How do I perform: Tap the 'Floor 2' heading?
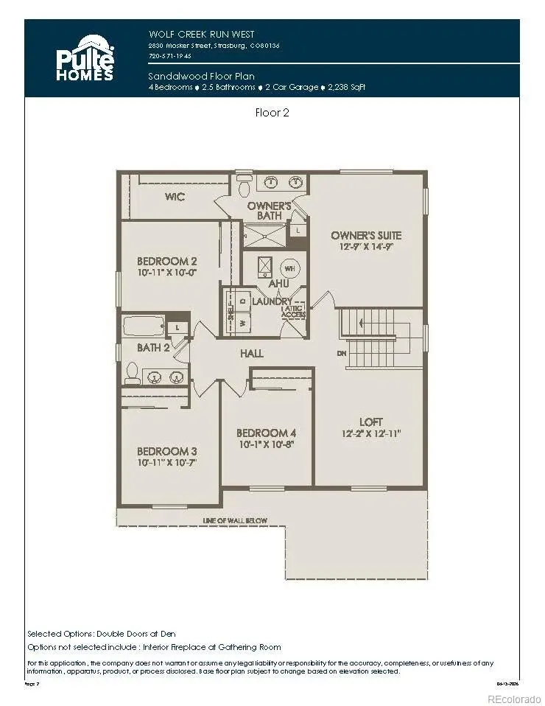272,113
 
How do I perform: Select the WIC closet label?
175,197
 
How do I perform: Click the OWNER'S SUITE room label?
366,235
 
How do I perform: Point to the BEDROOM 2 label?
167,261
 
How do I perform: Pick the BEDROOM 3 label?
167,451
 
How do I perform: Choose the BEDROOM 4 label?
267,433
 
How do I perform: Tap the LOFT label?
370,422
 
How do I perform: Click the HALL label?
251,354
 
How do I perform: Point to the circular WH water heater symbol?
289,268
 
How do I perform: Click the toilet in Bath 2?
132,374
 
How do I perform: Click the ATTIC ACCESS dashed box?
293,312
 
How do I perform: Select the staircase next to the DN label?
379,338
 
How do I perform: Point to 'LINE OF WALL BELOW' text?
235,521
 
